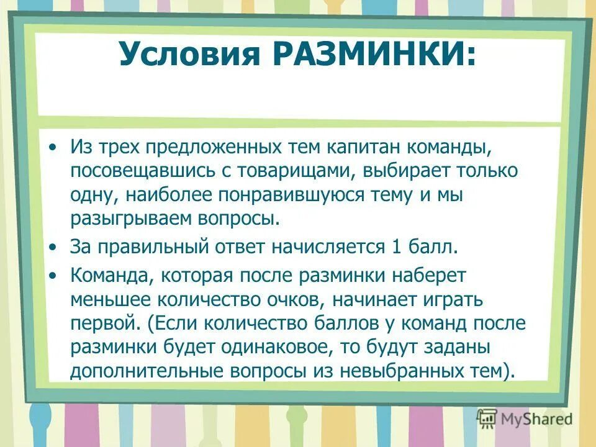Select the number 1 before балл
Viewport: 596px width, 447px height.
pyautogui.click(x=397, y=247)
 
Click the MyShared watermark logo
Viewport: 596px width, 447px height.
pyautogui.click(x=525, y=419)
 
